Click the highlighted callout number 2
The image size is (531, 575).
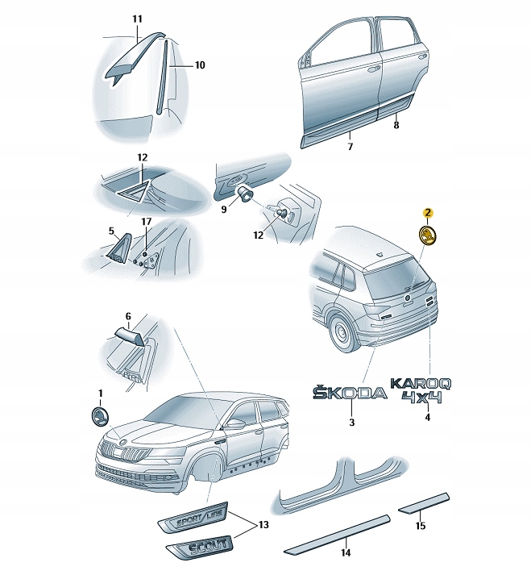coord(429,213)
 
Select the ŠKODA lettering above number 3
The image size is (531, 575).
coord(350,393)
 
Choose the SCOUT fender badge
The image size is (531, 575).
coord(197,550)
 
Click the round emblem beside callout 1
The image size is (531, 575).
coord(100,418)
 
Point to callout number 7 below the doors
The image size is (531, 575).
coord(350,147)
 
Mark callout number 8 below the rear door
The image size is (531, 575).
coord(396,126)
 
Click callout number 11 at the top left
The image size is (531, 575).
coord(136,18)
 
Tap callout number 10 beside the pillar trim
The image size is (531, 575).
coord(200,65)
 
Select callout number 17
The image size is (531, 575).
coord(147,221)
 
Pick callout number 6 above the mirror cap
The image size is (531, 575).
coord(127,318)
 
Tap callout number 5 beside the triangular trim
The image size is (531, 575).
coord(113,230)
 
